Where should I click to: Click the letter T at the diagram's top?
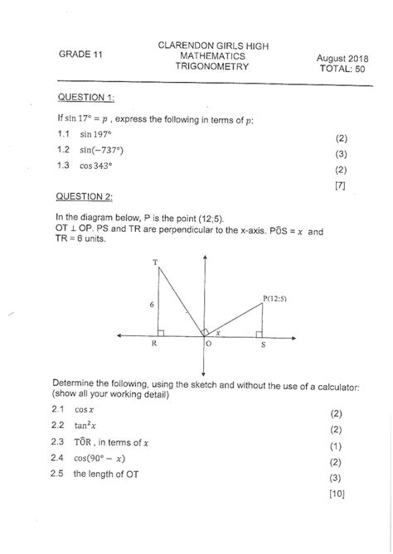[155, 263]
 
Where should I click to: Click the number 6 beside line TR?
[151, 305]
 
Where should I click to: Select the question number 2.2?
[58, 428]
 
